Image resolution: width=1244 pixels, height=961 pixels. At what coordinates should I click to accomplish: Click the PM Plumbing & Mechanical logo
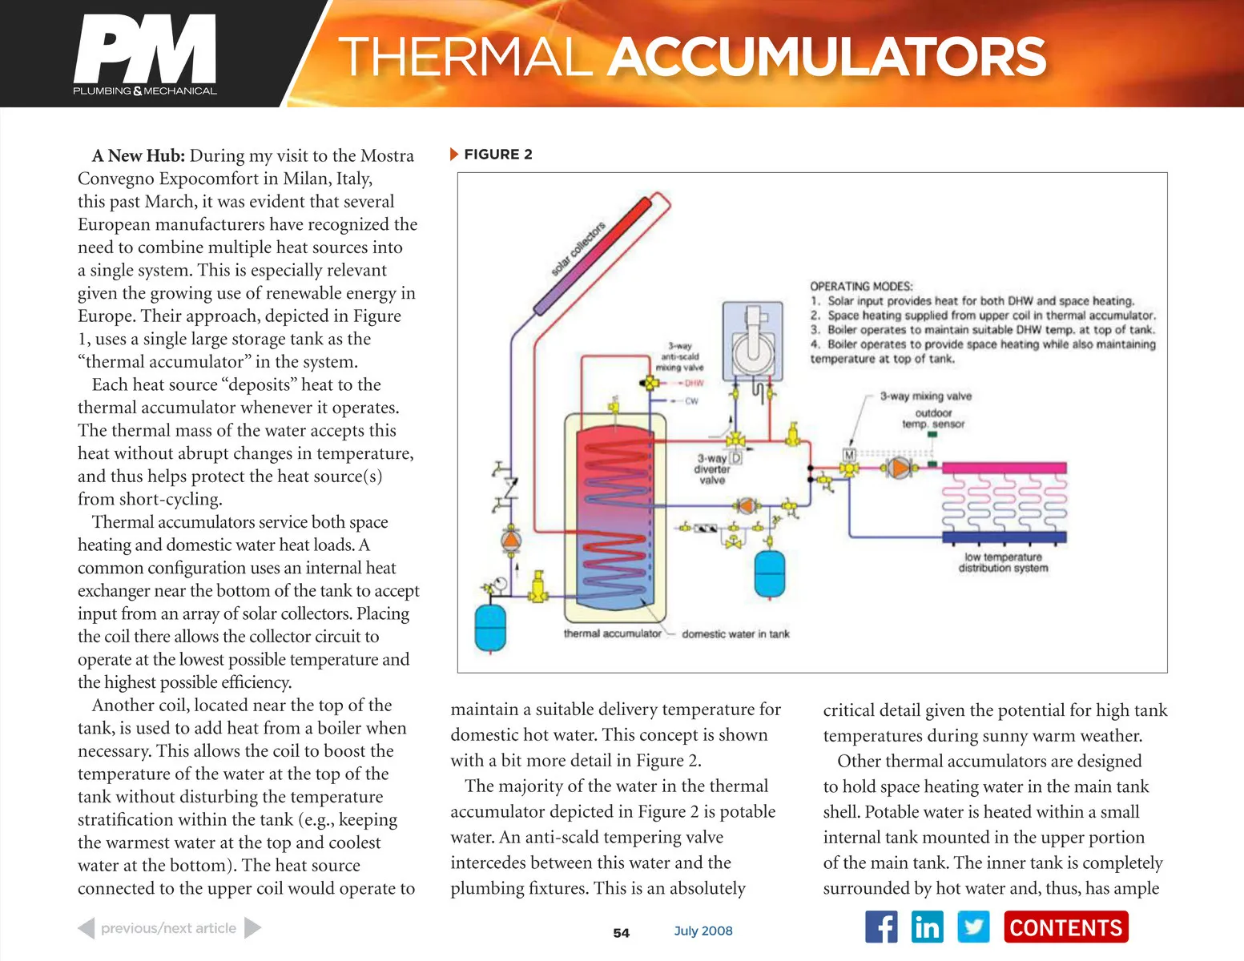[x=145, y=54]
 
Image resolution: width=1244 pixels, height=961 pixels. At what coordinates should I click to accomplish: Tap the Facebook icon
[x=881, y=927]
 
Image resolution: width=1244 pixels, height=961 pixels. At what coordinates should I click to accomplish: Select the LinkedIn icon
[x=928, y=927]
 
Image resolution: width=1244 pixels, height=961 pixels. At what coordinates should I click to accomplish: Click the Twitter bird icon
[x=973, y=927]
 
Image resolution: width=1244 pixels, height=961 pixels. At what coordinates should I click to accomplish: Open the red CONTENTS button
[x=1065, y=927]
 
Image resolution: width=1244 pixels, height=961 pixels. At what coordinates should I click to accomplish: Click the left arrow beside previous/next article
[x=86, y=928]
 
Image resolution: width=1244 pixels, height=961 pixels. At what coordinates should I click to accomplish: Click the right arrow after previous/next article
[x=252, y=928]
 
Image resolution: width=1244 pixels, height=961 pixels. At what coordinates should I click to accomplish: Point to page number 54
[x=621, y=933]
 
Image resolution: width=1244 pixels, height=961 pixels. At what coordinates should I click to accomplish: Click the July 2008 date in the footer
[x=703, y=931]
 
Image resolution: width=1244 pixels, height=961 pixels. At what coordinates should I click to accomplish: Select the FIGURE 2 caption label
[x=497, y=155]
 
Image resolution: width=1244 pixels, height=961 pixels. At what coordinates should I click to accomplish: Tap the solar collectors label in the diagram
[x=578, y=249]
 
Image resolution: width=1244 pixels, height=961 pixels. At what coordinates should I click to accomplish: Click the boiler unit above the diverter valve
[x=752, y=340]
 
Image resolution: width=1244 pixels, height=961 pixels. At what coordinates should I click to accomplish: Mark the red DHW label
[x=693, y=383]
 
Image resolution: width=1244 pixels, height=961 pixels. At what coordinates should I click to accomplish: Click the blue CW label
[x=691, y=400]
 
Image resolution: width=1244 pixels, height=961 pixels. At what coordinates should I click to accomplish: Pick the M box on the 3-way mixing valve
[x=849, y=455]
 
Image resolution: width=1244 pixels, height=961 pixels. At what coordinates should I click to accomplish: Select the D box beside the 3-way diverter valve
[x=735, y=458]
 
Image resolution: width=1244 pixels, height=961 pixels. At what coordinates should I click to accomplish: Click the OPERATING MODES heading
[x=861, y=286]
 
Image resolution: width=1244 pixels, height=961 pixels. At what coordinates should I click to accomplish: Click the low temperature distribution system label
[x=1003, y=562]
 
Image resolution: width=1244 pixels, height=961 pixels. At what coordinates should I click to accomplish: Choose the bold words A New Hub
[x=138, y=155]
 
